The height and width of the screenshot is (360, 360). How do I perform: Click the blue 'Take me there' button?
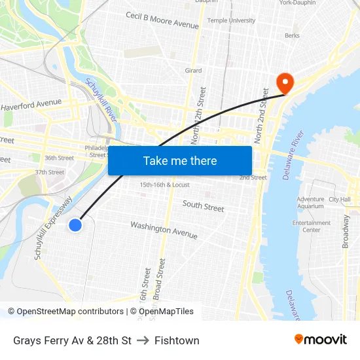point(180,160)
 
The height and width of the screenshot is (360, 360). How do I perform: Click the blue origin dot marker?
point(75,225)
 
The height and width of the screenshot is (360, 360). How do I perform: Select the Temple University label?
point(231,21)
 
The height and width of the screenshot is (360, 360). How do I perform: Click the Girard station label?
point(193,71)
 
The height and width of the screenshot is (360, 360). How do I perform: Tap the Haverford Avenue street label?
point(31,104)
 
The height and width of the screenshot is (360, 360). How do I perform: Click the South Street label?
point(203,207)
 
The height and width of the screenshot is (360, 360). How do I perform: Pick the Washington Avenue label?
point(164,230)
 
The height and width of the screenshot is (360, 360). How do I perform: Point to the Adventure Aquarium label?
point(310,202)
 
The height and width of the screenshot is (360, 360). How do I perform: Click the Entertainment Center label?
point(312,226)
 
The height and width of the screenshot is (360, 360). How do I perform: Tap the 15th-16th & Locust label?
point(164,185)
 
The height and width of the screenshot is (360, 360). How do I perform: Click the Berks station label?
point(292,36)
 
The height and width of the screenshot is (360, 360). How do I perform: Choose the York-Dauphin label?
point(297,3)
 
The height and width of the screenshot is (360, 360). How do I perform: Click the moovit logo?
point(321,339)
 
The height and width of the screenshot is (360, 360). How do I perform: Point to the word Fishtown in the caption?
point(177,340)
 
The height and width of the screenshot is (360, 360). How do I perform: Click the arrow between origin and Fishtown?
point(143,340)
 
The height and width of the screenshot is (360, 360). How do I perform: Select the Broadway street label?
point(346,231)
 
